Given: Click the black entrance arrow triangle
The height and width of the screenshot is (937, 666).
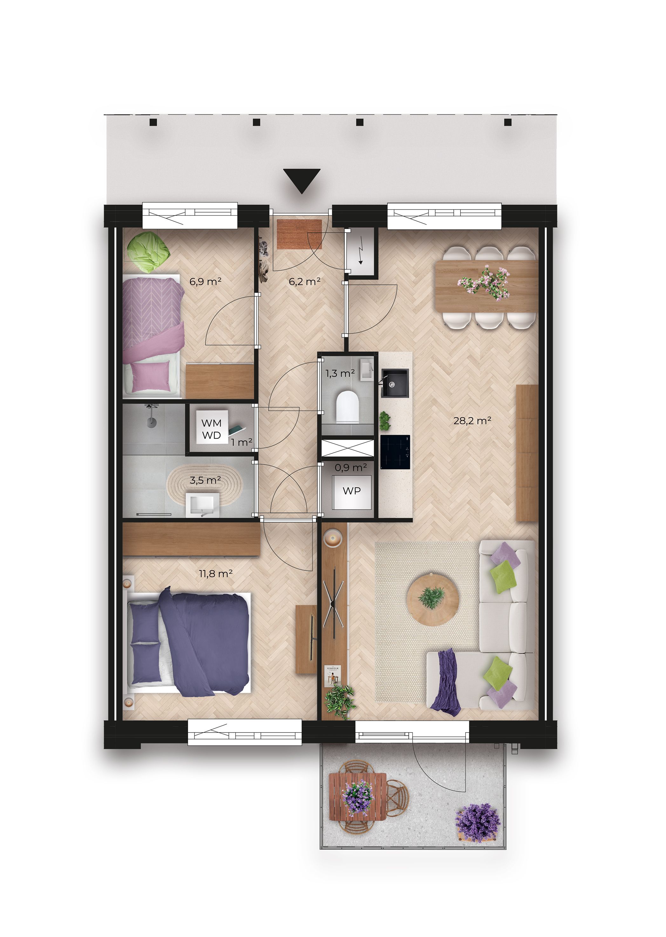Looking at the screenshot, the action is (x=302, y=179).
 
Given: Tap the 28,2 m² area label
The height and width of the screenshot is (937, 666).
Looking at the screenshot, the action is (x=472, y=421).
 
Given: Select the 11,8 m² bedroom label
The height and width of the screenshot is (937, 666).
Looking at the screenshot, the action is (x=216, y=573).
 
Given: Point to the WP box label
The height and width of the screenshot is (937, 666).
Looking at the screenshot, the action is (x=351, y=491).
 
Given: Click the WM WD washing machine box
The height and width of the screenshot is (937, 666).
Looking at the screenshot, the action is (x=211, y=429).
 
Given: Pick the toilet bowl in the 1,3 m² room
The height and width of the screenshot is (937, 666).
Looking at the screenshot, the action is (x=347, y=407).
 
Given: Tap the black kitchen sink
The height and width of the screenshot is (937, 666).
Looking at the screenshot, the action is (x=395, y=383).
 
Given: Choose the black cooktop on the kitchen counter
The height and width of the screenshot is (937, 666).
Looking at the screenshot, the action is (x=395, y=452).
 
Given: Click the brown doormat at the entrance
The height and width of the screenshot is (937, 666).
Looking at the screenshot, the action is (x=299, y=234).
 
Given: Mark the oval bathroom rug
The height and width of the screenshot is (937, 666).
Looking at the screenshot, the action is (x=205, y=485).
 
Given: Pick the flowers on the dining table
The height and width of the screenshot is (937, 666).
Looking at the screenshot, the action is (x=485, y=283).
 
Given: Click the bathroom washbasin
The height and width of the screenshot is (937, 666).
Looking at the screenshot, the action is (x=203, y=505).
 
